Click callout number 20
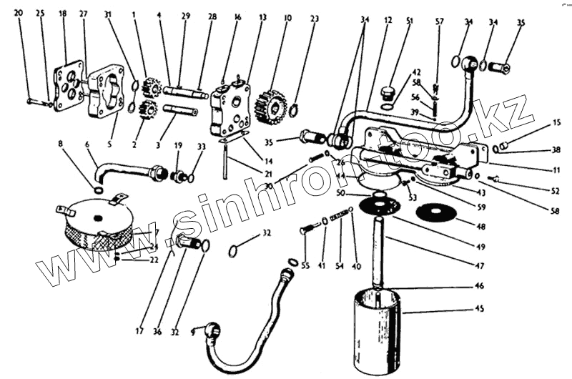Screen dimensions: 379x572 point(19,13)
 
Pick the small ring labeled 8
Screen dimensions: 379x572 point(98,189)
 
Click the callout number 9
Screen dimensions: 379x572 point(192,333)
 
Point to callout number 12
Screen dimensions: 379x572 point(388,21)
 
